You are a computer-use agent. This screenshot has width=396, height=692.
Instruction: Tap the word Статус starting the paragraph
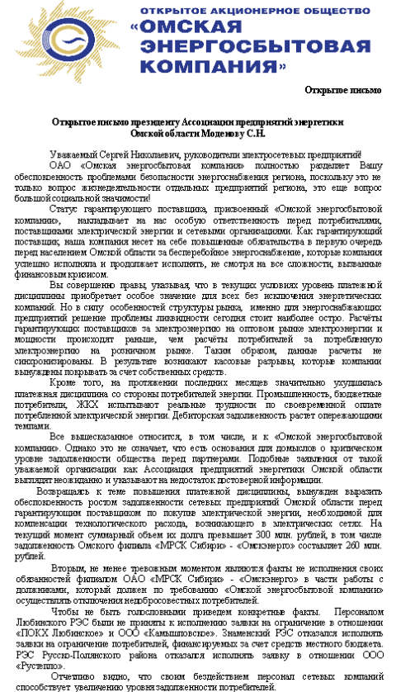(67, 211)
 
